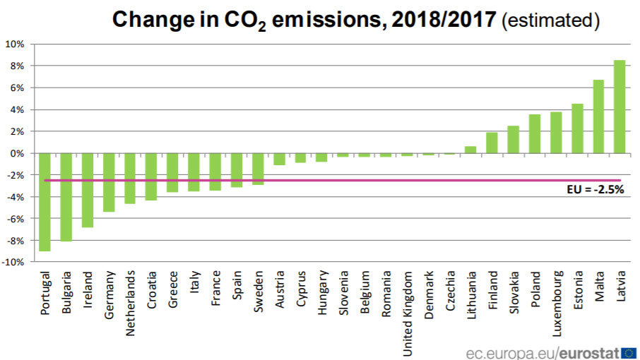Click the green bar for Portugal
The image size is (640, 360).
pos(45,202)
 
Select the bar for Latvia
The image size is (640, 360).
pos(619,107)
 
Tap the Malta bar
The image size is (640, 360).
pos(598,116)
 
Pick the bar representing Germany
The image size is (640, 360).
pos(109,182)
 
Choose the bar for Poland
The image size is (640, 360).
pos(534,133)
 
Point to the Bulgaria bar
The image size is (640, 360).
pos(66,197)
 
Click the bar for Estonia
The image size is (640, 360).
pos(576,128)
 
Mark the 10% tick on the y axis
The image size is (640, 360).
pos(15,44)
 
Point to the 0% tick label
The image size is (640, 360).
pos(17,153)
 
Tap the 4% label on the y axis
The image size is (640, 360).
pos(17,109)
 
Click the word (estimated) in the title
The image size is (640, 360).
pos(550,20)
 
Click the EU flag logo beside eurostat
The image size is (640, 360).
pos(629,351)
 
